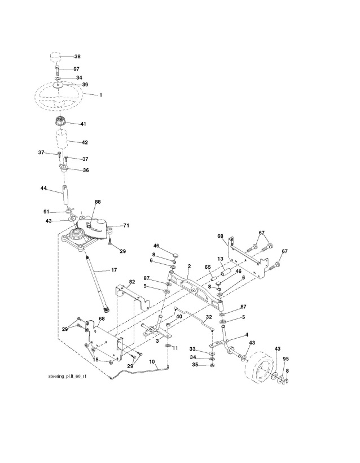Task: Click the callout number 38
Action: click(77, 56)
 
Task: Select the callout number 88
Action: click(98, 202)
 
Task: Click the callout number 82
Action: click(131, 281)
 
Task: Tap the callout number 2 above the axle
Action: click(189, 265)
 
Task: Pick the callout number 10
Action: click(152, 361)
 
